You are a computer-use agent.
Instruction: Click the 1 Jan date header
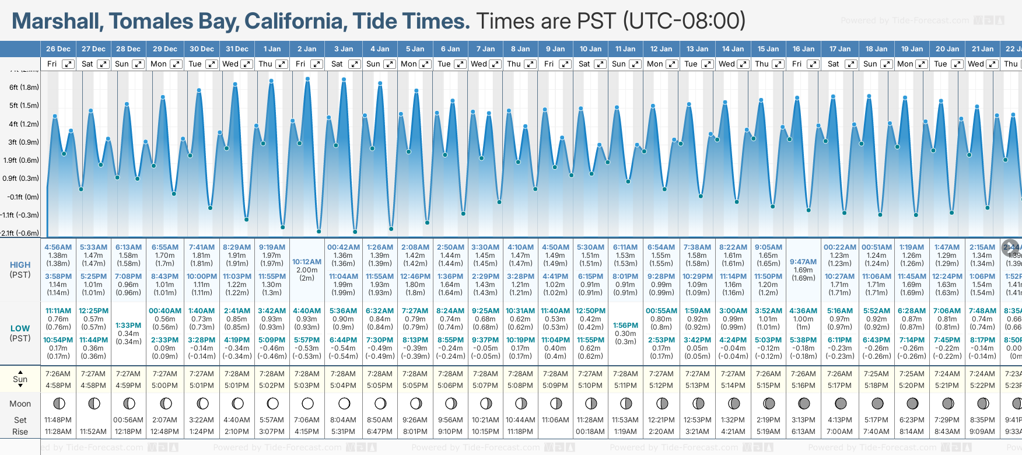(x=272, y=49)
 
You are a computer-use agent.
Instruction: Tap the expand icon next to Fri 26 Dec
(x=68, y=64)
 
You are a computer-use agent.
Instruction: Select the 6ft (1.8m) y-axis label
(x=24, y=87)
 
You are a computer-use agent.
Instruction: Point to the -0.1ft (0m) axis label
(x=24, y=197)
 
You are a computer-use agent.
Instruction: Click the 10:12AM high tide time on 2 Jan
(x=307, y=262)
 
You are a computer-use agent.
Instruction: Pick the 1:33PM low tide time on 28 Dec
(x=128, y=325)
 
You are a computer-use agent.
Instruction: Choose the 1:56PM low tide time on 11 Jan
(x=625, y=325)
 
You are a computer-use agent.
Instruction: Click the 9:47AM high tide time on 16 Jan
(x=803, y=262)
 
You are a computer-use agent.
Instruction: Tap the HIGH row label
(x=20, y=265)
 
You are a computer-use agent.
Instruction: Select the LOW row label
(x=20, y=328)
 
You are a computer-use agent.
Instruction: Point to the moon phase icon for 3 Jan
(x=344, y=403)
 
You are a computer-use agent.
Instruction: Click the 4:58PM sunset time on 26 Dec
(x=58, y=386)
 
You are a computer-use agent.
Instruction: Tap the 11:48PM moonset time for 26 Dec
(x=58, y=420)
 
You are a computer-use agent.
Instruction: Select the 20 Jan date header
(x=947, y=49)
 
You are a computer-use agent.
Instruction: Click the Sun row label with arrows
(x=20, y=379)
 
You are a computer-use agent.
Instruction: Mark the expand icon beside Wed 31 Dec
(x=247, y=64)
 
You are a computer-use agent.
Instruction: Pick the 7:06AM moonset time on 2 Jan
(x=307, y=420)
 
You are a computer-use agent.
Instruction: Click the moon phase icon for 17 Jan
(x=841, y=403)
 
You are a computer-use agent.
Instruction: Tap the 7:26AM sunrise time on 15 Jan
(x=768, y=374)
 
